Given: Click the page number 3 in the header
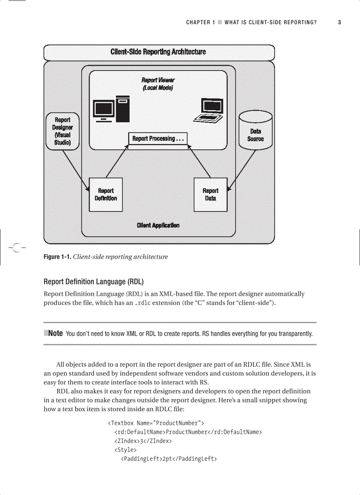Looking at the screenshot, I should [339, 22].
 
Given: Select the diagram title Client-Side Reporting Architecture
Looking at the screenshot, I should [158, 52].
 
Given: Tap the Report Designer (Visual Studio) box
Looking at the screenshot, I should [62, 131].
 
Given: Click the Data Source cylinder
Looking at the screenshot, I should [255, 132].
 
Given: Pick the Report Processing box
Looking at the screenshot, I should [158, 139].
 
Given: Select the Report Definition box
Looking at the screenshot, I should [106, 195].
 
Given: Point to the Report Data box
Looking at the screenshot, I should [210, 195].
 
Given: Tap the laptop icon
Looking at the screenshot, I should [209, 111].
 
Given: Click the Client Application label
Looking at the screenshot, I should [158, 225].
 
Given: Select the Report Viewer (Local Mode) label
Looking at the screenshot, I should [158, 84].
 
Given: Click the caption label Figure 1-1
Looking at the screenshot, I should [57, 257].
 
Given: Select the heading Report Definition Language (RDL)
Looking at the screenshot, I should [94, 282].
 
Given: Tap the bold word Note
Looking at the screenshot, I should [55, 333].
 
